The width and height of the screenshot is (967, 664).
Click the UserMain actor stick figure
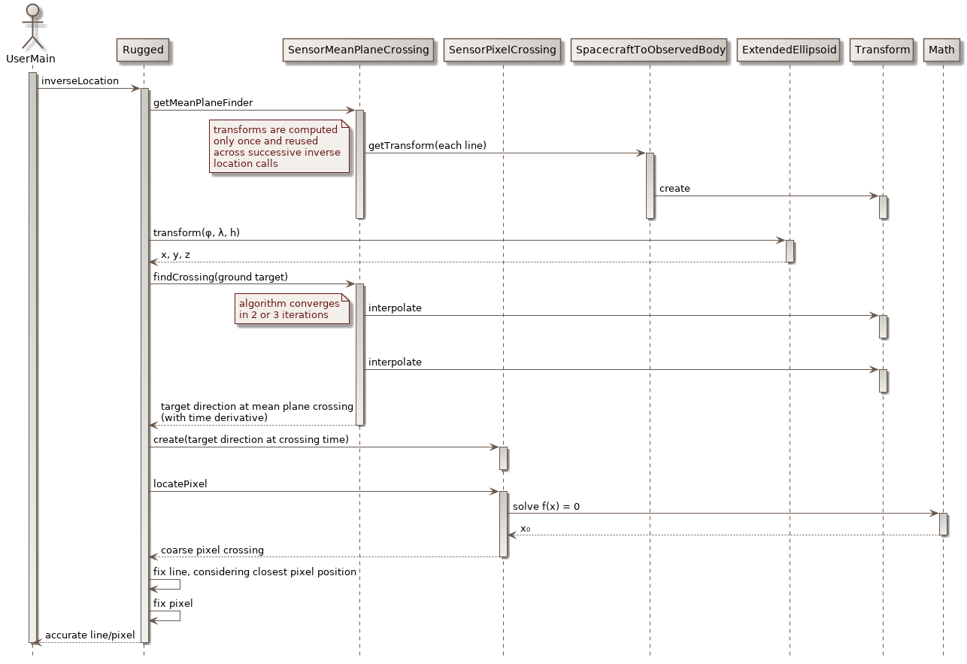[32, 27]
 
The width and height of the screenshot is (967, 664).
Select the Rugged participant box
[143, 50]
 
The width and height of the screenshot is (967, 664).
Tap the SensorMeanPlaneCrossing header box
[359, 50]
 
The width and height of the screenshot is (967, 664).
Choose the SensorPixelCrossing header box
[502, 50]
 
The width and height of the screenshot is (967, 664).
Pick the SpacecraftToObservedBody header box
[650, 50]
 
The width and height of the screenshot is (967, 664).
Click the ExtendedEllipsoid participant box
[789, 50]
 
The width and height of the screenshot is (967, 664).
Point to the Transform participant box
[883, 50]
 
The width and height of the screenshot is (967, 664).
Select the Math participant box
[941, 50]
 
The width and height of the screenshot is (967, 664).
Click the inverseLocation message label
[80, 80]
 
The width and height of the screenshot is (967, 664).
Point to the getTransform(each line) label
[427, 145]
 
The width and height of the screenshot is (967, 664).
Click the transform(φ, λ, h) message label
[196, 232]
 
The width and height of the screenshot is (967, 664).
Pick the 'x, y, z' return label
[175, 255]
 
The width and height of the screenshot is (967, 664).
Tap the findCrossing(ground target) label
[220, 277]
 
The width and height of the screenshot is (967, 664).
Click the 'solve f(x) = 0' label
[546, 506]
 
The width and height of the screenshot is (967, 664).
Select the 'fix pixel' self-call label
[173, 603]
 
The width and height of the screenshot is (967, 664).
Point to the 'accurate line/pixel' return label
[89, 635]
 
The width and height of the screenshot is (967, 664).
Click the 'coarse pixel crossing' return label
[212, 550]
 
